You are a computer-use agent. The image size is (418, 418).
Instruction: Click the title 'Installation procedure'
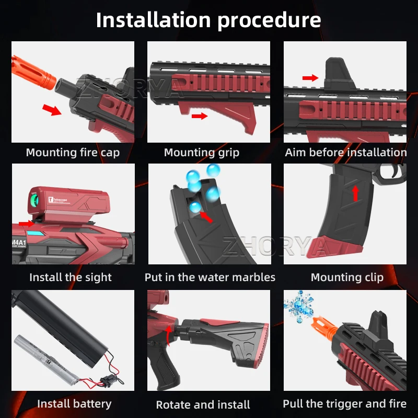click(x=208, y=20)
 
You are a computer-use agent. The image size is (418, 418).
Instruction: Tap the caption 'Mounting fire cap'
click(x=73, y=153)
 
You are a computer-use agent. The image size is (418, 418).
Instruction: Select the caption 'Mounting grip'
click(x=202, y=153)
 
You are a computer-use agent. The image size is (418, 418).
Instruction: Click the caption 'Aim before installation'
click(x=345, y=153)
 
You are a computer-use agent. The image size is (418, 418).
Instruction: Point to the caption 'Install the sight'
click(x=71, y=277)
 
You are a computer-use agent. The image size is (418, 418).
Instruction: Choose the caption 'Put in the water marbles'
click(x=210, y=277)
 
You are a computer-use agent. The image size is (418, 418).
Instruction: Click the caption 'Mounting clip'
click(x=347, y=277)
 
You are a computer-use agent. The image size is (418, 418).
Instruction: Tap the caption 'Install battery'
click(x=74, y=404)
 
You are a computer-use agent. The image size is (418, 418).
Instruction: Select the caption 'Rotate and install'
click(x=203, y=405)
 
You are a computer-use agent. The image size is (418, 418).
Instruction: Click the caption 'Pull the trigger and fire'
click(x=344, y=404)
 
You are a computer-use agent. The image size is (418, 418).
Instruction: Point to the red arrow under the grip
click(x=199, y=116)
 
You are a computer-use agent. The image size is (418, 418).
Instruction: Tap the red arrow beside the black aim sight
click(x=310, y=78)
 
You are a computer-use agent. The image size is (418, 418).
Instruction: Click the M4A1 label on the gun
click(x=20, y=241)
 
